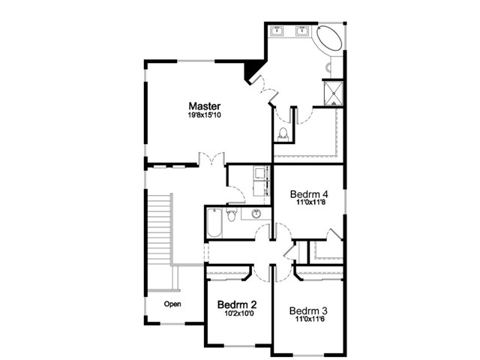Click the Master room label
[205, 106]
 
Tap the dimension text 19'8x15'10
[205, 115]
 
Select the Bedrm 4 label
[309, 194]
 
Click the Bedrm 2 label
[237, 304]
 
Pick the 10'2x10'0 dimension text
[239, 313]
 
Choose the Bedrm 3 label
[308, 310]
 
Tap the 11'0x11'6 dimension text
[310, 319]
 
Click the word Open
[172, 304]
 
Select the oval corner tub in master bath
[329, 39]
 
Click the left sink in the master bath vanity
[277, 31]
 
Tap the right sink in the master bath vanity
[303, 31]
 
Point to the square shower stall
[333, 92]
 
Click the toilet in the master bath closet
[283, 135]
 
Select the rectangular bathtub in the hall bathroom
[214, 223]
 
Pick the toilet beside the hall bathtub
[232, 214]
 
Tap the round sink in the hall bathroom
[256, 214]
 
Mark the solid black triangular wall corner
[252, 70]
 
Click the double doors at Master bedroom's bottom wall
[211, 158]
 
